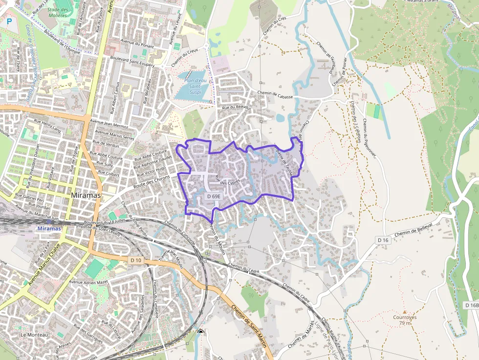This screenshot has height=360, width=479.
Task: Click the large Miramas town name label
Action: tap(86, 195)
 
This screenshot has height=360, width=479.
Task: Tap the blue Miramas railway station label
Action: tap(49, 228)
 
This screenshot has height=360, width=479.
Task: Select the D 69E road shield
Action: tap(214, 196)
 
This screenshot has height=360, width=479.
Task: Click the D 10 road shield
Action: tap(136, 260)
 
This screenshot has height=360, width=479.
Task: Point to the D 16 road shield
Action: tap(383, 240)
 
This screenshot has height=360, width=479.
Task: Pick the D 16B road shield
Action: tap(471, 305)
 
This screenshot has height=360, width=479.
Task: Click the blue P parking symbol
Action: tap(9, 21)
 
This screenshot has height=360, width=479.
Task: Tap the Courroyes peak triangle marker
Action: tap(404, 311)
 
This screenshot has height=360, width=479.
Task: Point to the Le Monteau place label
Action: tap(34, 335)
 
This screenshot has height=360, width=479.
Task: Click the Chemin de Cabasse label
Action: tap(275, 95)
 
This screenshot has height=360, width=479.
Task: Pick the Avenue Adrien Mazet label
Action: tap(88, 282)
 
